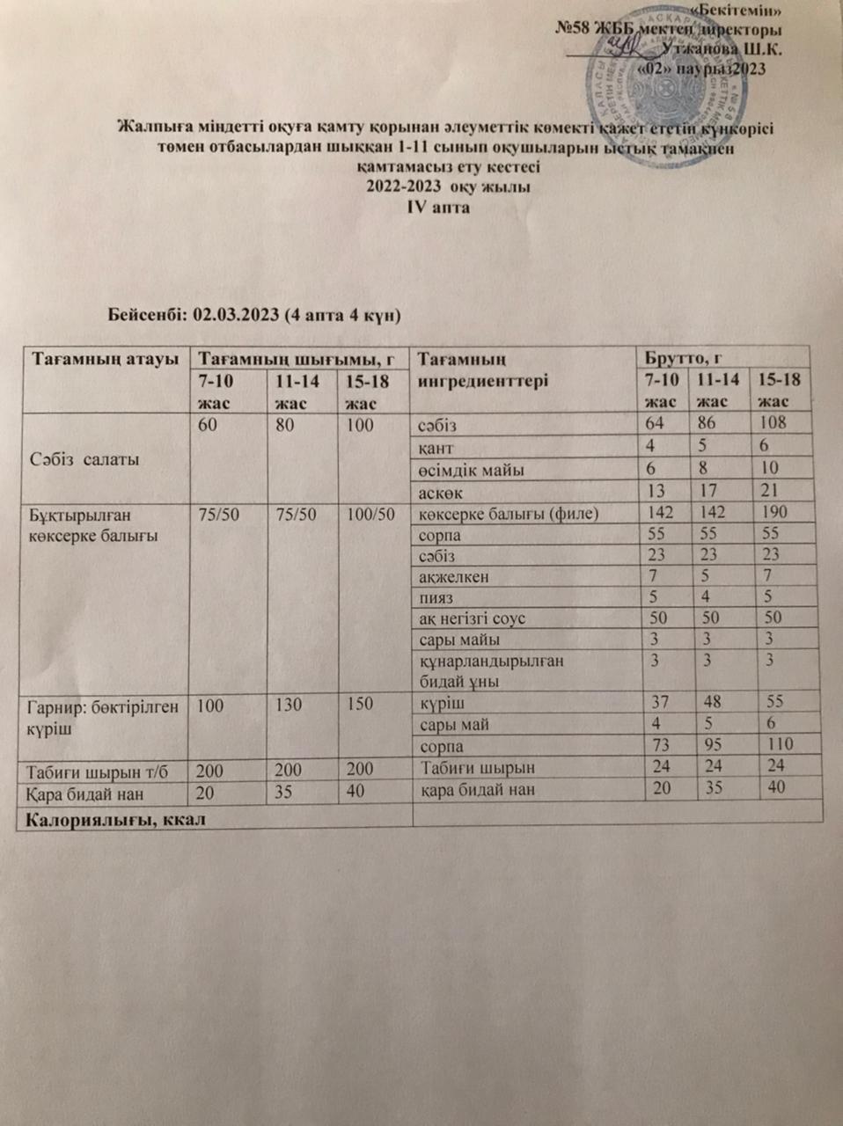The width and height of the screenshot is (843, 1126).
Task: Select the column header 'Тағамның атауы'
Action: (106, 359)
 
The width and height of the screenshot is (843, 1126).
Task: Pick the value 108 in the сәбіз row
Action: (774, 423)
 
